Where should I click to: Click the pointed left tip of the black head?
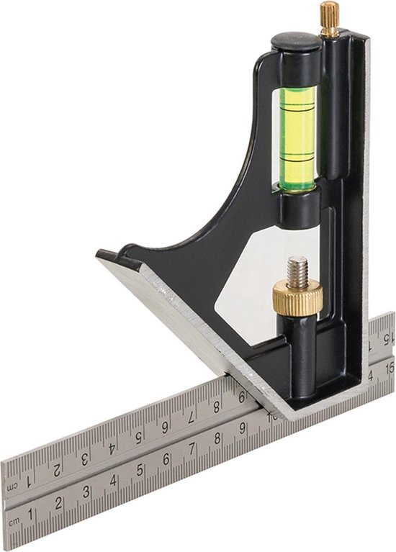105,254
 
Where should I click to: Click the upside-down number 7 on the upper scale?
192,417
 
